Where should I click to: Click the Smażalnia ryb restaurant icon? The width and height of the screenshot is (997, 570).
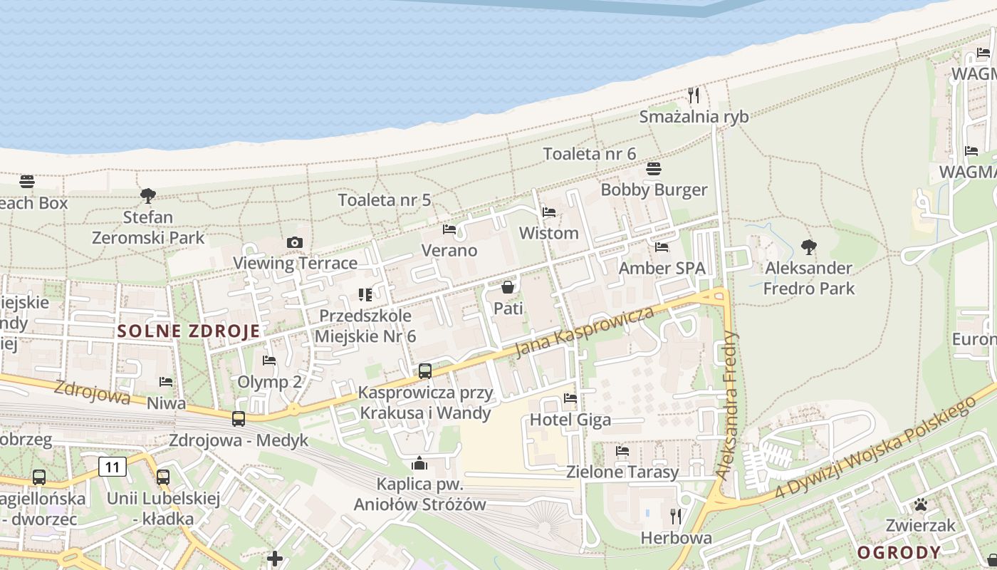[694, 95]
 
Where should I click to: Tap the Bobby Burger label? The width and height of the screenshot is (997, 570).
[654, 190]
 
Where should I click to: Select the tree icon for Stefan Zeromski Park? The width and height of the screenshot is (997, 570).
[148, 195]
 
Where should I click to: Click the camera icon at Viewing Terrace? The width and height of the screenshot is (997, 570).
[295, 243]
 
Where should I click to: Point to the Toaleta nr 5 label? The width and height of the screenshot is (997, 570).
[385, 200]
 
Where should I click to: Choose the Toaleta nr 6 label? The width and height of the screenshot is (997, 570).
[589, 154]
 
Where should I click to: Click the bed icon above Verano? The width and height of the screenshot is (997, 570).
[449, 229]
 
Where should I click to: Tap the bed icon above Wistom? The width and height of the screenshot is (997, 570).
[548, 212]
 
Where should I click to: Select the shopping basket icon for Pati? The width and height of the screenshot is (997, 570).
[508, 287]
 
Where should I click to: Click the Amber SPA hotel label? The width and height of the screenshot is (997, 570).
[662, 268]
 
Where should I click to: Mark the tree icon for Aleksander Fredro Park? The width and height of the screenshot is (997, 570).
[808, 247]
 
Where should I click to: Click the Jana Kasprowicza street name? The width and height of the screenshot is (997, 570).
[584, 332]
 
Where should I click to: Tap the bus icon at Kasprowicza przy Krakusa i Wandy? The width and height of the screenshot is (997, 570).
[425, 370]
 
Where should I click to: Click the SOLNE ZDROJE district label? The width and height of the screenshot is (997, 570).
[189, 331]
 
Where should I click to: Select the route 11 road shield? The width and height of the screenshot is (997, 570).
[113, 467]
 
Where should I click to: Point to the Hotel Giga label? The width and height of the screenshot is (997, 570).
[570, 420]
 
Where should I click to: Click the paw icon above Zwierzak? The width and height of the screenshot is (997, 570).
[921, 505]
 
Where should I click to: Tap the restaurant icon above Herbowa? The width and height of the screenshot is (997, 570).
[676, 516]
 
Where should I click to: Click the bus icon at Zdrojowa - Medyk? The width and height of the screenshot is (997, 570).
[239, 419]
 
